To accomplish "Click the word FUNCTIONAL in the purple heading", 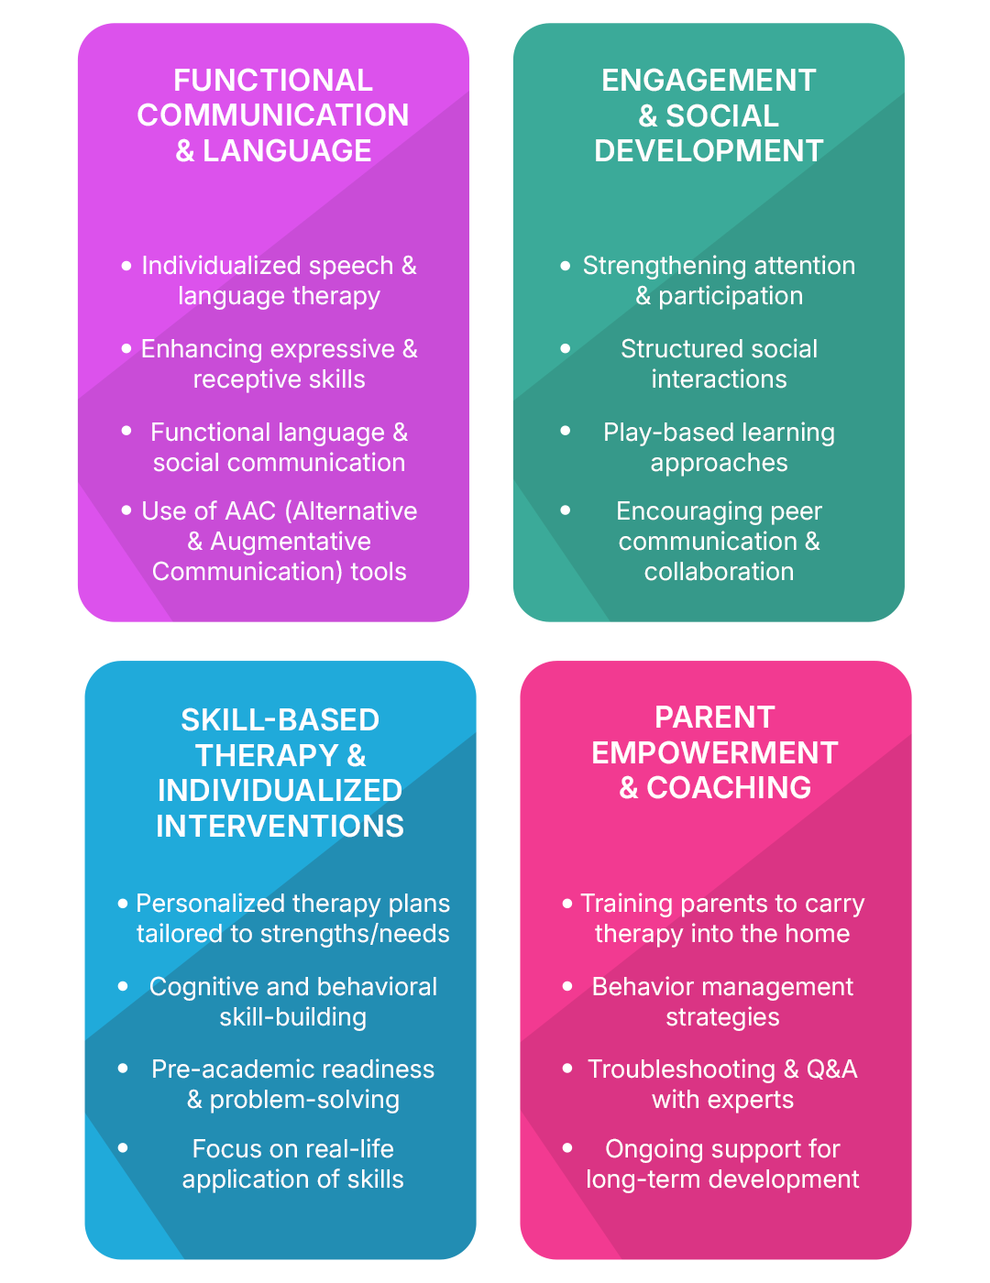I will coord(273,81).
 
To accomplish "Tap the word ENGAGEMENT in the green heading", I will coord(709,81).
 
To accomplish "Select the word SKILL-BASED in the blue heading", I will coord(280,720).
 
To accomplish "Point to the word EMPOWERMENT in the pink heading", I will coord(715,753).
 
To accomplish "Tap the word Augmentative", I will coord(291,542).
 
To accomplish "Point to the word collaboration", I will coord(719,572).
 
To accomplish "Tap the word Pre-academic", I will coord(214,1069).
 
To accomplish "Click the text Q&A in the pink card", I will coord(831,1069).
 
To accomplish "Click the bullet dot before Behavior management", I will coord(567,986).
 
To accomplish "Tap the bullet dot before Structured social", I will coord(566,348).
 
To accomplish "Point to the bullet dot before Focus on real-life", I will coord(123,1147).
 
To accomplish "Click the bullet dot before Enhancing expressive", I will coord(126,348).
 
